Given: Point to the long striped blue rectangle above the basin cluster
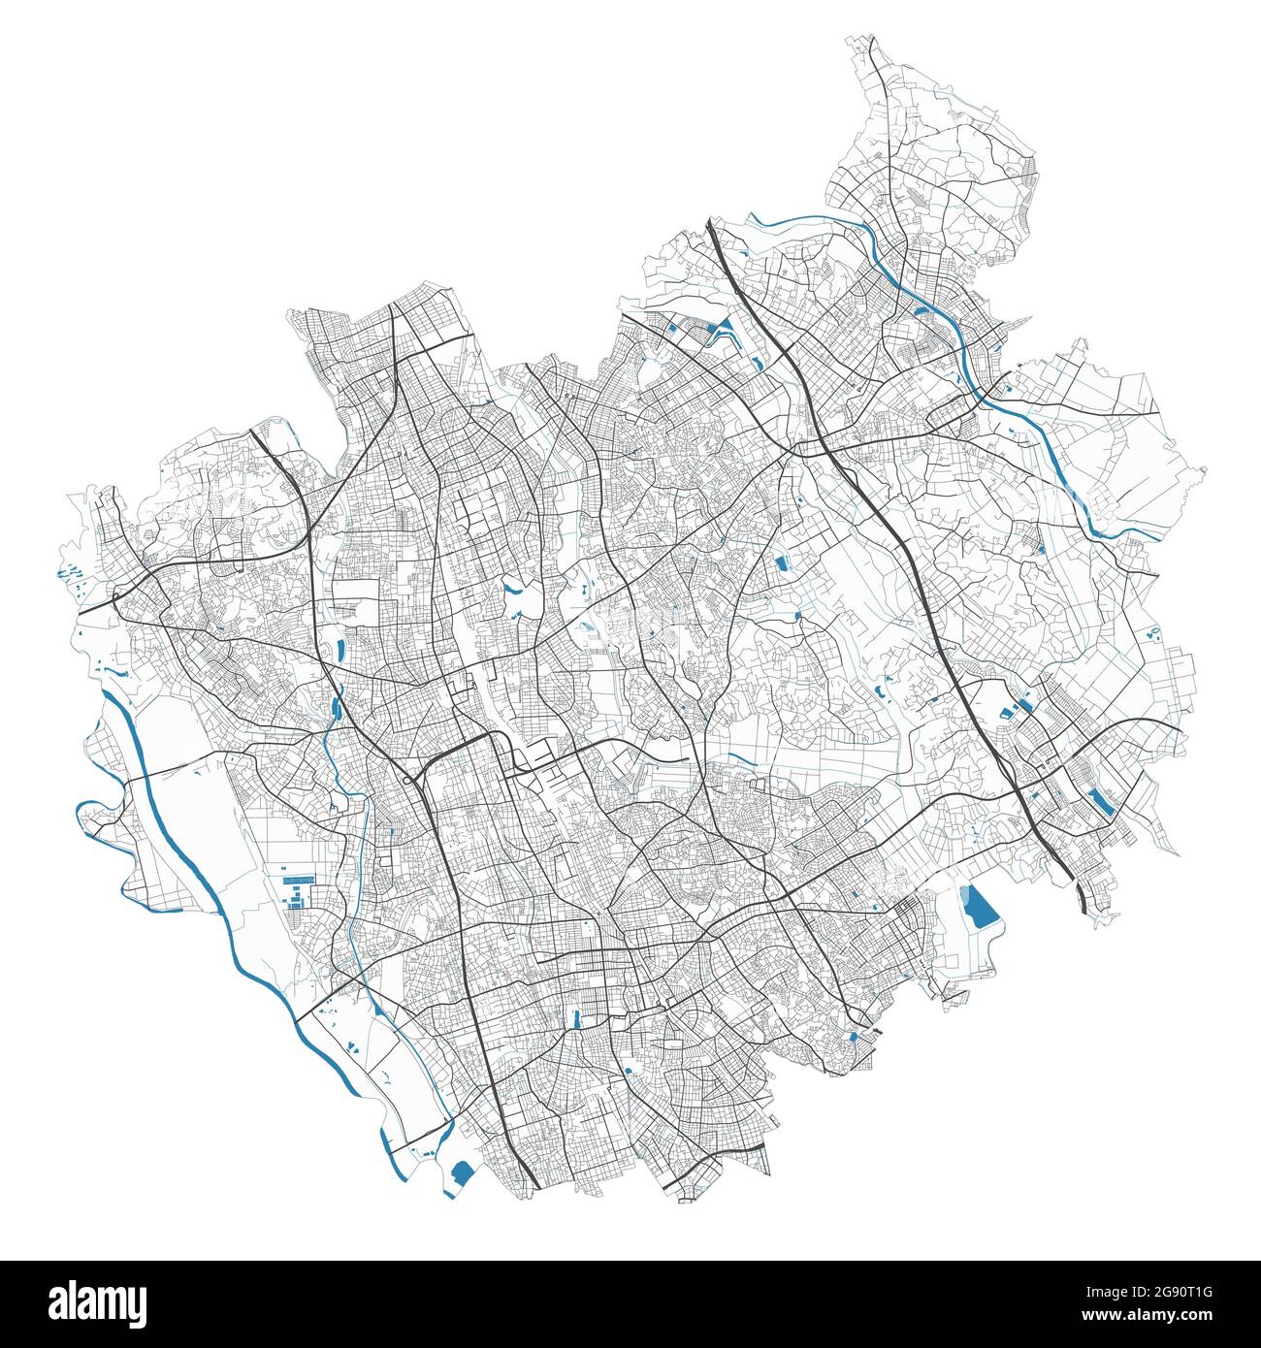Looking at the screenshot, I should click(x=298, y=878).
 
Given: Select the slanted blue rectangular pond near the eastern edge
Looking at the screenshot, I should click(x=1100, y=801).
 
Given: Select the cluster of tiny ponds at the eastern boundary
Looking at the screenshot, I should click(x=1153, y=635).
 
